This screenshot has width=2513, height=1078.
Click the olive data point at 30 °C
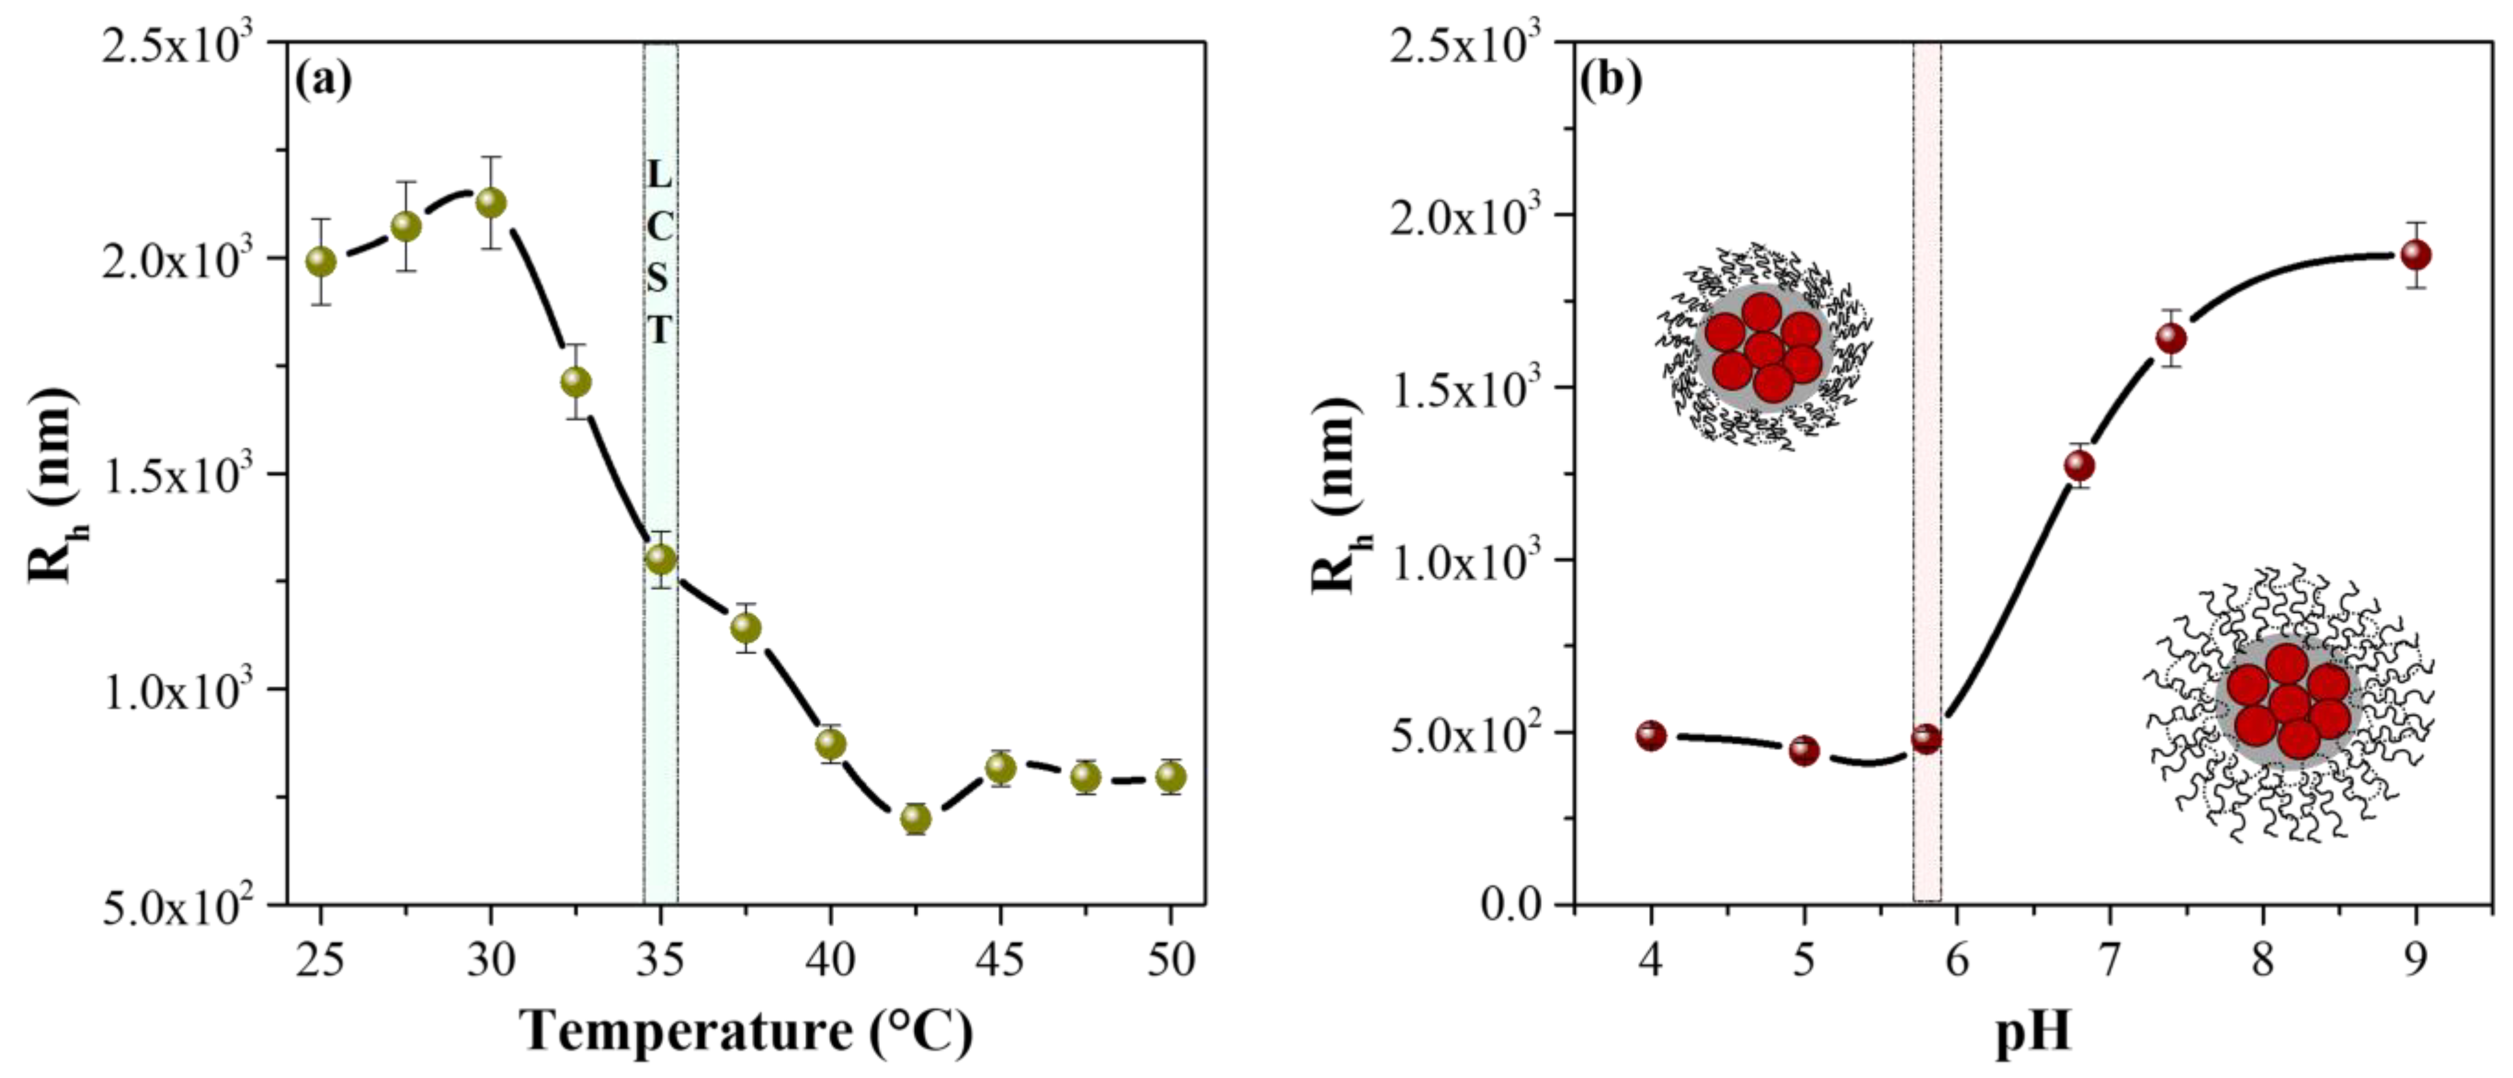(x=490, y=203)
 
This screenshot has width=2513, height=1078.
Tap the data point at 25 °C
(x=321, y=261)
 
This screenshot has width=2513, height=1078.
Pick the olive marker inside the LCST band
(x=661, y=559)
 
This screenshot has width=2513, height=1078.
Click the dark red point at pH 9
(x=2416, y=256)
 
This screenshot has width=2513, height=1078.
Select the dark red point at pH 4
(x=1651, y=736)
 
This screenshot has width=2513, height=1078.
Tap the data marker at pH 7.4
(x=2171, y=339)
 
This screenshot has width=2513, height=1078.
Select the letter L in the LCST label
(x=661, y=176)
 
